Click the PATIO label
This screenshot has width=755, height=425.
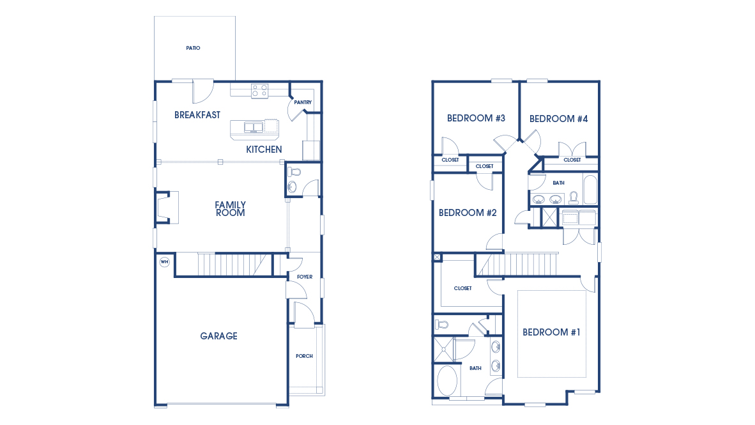[193, 48]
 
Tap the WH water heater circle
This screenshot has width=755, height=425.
[164, 262]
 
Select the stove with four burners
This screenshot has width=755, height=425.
[259, 91]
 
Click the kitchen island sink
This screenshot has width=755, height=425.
[254, 127]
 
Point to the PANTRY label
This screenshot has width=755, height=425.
[303, 102]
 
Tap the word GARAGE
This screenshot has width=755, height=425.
[218, 336]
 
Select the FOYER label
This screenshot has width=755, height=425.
[305, 277]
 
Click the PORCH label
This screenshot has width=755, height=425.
[304, 356]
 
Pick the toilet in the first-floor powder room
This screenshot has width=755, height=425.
[294, 172]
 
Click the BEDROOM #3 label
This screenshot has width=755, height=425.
[476, 118]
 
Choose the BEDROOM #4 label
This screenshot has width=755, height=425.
[558, 119]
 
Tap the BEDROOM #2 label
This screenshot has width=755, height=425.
[468, 213]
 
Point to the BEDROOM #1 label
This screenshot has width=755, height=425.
[551, 332]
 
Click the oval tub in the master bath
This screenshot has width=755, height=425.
[448, 381]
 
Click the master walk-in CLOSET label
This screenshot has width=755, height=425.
[462, 288]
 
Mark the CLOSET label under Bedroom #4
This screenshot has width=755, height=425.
[572, 160]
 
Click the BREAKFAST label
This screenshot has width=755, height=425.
[197, 115]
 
